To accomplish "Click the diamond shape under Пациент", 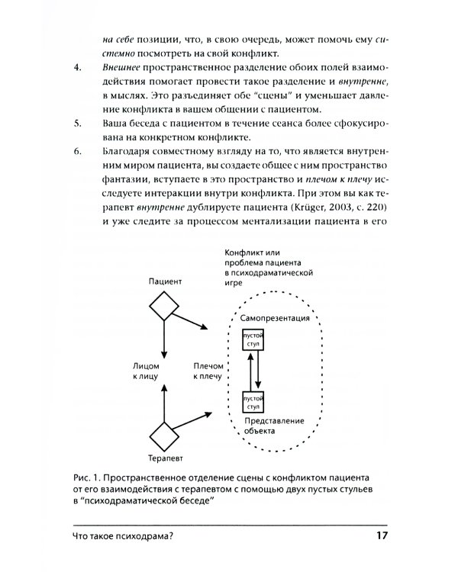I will pyautogui.click(x=163, y=306).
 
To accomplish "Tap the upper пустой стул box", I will pyautogui.click(x=252, y=339).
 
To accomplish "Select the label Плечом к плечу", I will pyautogui.click(x=207, y=371).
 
